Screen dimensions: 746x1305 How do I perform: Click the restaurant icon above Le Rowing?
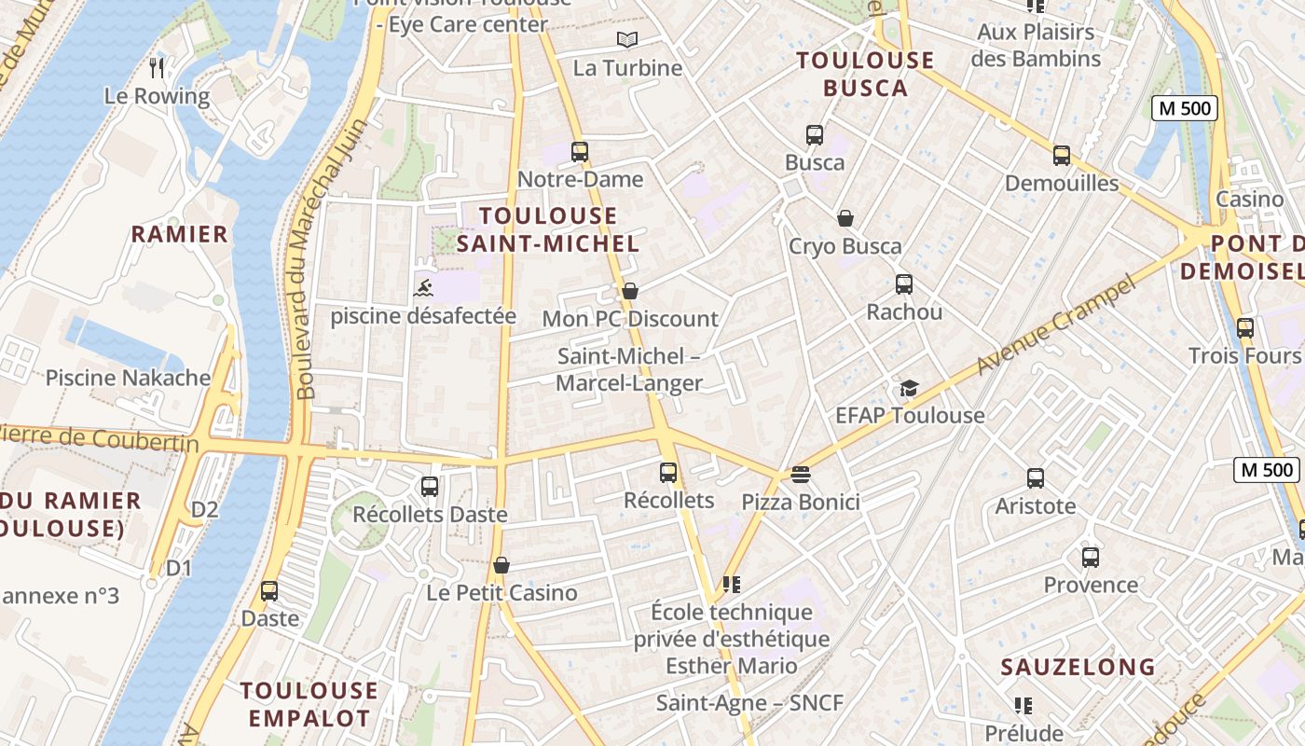pos(157,67)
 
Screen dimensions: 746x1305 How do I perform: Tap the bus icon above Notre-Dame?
pos(580,151)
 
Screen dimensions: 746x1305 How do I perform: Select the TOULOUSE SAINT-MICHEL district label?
pos(548,229)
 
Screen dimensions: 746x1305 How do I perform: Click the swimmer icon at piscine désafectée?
pos(423,287)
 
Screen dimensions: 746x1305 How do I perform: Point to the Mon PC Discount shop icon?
pos(630,291)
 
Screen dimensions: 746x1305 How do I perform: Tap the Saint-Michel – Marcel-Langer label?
pos(629,369)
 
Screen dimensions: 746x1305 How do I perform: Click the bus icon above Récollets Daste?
pos(429,486)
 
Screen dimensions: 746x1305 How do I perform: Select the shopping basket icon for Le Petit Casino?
pos(501,565)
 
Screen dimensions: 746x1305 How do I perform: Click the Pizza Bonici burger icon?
pos(800,475)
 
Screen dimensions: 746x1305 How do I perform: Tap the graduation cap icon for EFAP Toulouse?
pos(909,388)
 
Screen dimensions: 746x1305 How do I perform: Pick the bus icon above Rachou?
pos(903,283)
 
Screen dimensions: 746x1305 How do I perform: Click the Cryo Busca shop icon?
pos(845,218)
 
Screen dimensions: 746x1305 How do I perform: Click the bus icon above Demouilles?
pos(1061,155)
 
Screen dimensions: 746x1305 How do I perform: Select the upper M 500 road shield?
pos(1185,108)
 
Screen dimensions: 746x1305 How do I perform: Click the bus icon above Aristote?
pos(1035,478)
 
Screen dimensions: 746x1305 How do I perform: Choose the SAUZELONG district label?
pos(1078,667)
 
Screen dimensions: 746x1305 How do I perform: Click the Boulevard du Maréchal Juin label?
pos(307,261)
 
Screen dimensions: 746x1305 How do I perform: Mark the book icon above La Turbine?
pos(627,39)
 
